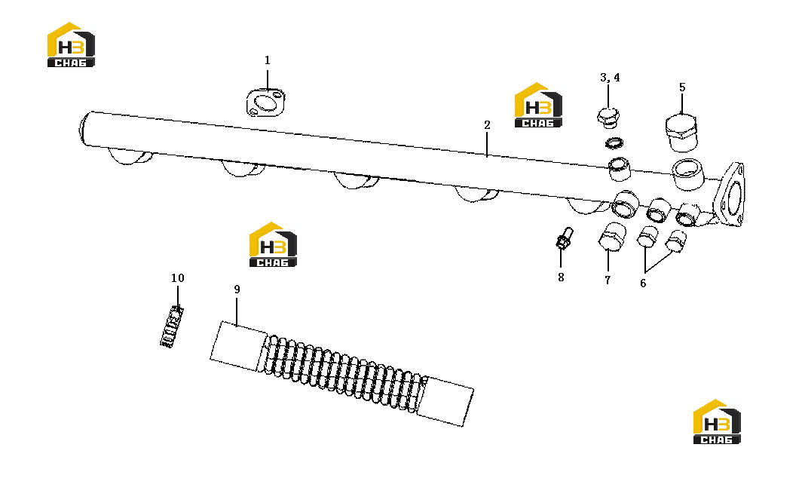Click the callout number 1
coord(267,60)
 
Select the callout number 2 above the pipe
coord(487,125)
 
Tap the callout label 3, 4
coord(610,77)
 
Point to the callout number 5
coord(682,87)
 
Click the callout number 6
coord(643,283)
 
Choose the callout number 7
coord(607,280)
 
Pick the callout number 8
coord(561,277)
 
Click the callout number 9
coord(237,290)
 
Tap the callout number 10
coord(177,278)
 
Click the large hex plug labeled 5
coord(681,132)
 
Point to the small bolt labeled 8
coord(564,238)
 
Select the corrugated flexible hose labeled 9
coord(341,373)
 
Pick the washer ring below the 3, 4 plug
coord(614,143)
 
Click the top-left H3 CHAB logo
coord(71,44)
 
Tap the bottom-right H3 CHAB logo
coord(717,421)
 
